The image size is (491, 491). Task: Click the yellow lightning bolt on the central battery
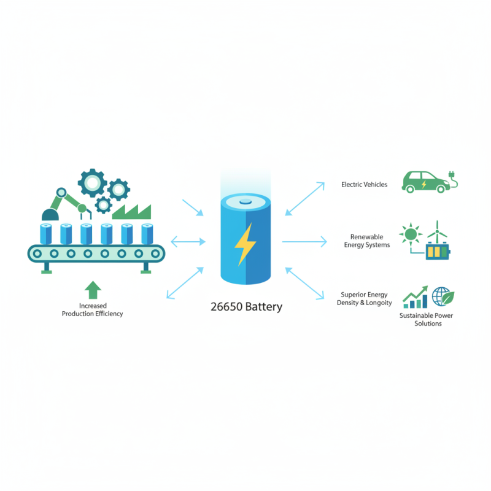[x=245, y=244]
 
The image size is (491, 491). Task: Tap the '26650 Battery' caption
[x=245, y=306]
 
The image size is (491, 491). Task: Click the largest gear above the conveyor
[x=93, y=182]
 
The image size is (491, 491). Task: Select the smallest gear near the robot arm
[x=103, y=204]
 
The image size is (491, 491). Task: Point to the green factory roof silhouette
[x=131, y=212]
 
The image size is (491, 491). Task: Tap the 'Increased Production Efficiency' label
[x=92, y=309]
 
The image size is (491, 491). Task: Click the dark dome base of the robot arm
[x=48, y=214]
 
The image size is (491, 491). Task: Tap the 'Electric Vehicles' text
[x=364, y=184]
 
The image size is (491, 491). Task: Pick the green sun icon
[x=409, y=234]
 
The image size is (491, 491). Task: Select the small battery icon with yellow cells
[x=438, y=252]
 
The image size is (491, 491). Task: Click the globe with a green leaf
[x=443, y=297]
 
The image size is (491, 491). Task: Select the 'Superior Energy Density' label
[x=365, y=298]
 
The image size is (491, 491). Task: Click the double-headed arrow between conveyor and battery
[x=188, y=242]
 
